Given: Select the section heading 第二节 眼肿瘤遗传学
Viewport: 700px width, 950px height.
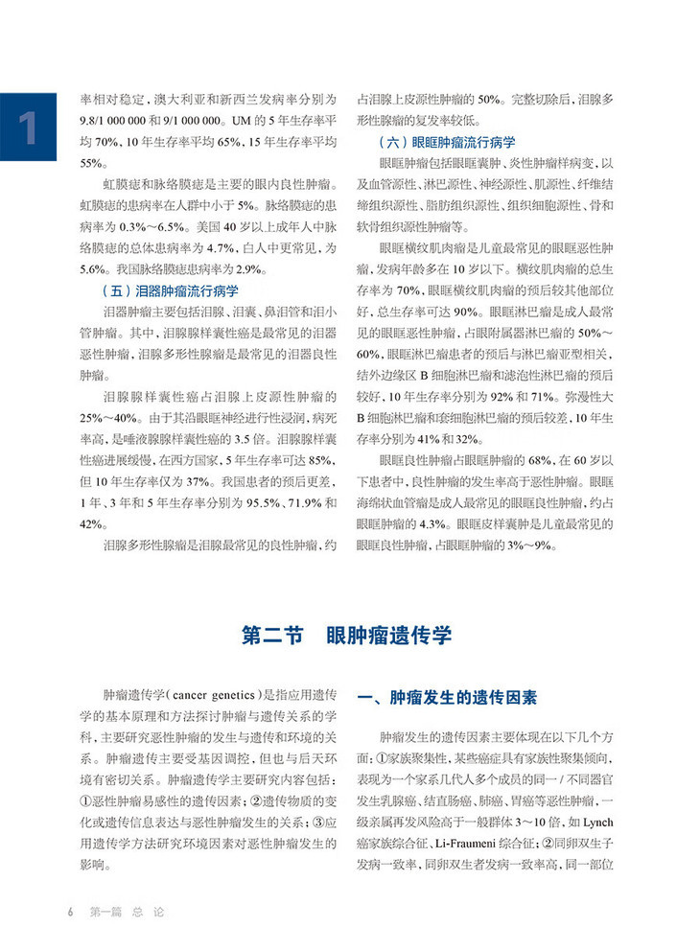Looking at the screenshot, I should coord(348,635).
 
